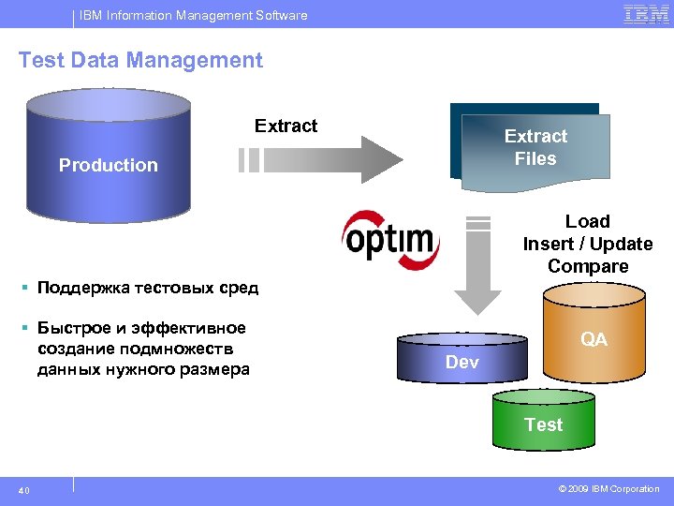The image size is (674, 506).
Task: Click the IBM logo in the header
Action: point(645,14)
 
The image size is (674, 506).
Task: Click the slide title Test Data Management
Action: point(140,61)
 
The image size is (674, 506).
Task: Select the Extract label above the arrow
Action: point(286,126)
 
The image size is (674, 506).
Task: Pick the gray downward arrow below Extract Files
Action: point(478,267)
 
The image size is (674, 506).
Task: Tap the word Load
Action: point(588,221)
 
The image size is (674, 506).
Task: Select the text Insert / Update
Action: point(588,244)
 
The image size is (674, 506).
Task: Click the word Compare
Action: point(588,266)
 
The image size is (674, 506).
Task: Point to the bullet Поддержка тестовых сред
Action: point(147,288)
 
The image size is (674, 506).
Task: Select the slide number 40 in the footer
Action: point(24,489)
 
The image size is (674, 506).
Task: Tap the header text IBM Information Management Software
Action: point(192,15)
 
